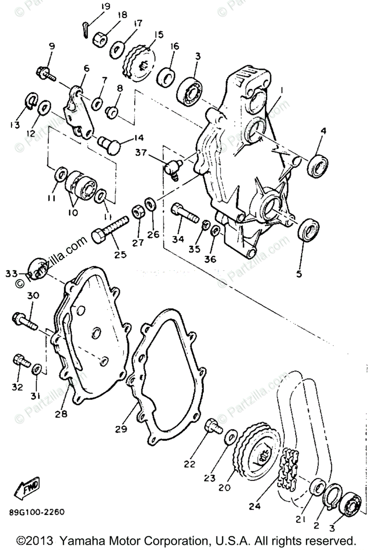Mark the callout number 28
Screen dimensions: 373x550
(x=60, y=414)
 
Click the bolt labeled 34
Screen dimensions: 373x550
(x=183, y=212)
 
